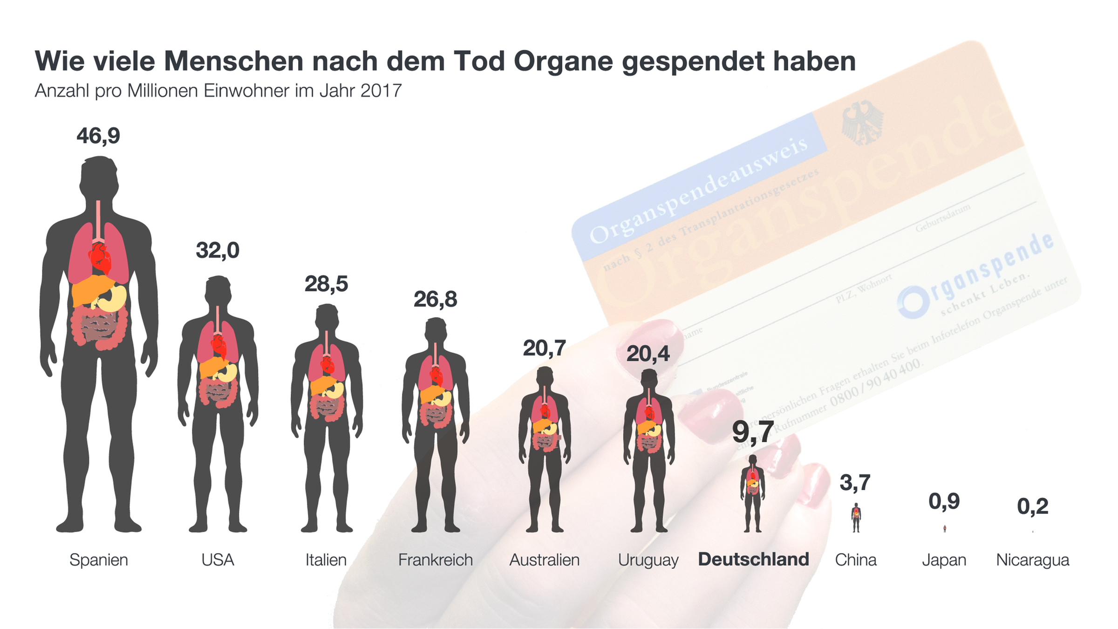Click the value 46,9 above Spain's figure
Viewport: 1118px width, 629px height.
tap(98, 136)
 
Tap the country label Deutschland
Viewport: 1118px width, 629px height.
tap(753, 559)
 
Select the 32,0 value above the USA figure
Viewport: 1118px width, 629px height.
tap(218, 251)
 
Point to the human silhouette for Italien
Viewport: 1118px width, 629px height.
tap(327, 419)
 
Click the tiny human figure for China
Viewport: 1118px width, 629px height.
tap(856, 518)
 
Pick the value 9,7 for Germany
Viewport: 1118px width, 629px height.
tap(753, 432)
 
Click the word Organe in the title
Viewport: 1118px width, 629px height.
tap(563, 61)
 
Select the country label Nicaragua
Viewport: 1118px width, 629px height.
tap(1032, 560)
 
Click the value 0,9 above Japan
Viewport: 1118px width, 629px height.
tap(944, 501)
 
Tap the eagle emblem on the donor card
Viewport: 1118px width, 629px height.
tap(862, 123)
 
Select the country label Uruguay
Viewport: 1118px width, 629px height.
tap(648, 560)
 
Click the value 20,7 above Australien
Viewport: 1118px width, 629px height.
tap(544, 348)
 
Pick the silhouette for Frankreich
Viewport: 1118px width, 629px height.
tap(436, 424)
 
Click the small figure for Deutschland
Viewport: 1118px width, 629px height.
tap(752, 494)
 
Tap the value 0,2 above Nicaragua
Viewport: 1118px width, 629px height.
tap(1032, 506)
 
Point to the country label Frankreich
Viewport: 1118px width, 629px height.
tap(435, 560)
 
